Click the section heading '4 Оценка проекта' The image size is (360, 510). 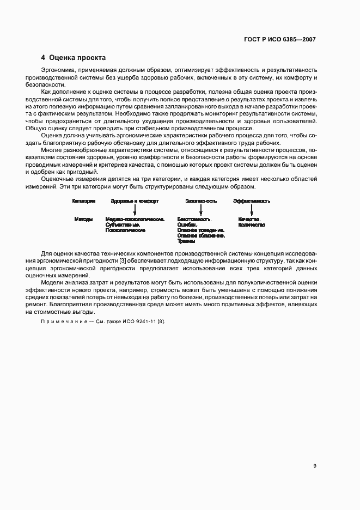tap(74, 57)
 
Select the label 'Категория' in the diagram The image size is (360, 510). tap(84, 201)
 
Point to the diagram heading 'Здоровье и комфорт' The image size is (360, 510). tap(135, 201)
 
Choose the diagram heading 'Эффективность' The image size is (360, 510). tap(252, 201)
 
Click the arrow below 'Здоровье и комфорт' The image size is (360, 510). tap(135, 210)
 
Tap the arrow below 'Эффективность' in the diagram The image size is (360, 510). tap(252, 210)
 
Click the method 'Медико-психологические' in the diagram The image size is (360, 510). tap(135, 219)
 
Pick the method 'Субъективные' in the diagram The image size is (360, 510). tap(123, 224)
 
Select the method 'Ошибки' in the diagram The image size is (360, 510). tap(187, 224)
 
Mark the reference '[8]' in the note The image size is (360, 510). tap(161, 321)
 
